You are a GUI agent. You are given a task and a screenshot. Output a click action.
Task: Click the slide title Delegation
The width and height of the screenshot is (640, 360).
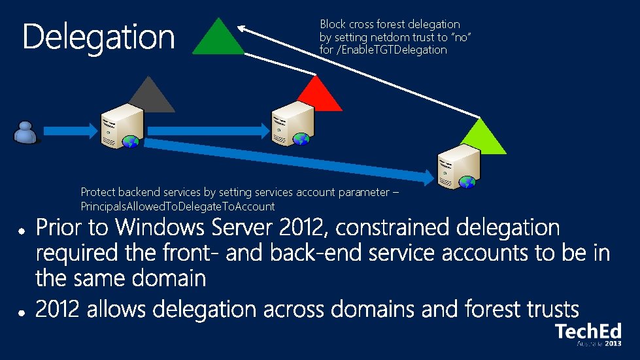[99, 37]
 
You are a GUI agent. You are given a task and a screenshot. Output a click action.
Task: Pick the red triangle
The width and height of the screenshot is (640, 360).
[316, 94]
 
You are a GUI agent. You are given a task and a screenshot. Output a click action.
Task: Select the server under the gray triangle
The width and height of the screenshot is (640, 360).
[122, 128]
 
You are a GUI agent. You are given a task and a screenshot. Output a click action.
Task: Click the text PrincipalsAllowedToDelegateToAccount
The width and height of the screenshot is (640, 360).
[177, 206]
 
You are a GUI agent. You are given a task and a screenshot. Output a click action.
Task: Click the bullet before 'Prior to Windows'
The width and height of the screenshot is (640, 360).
[22, 231]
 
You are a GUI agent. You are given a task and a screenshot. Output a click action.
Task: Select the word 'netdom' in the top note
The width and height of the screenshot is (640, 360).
[393, 37]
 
